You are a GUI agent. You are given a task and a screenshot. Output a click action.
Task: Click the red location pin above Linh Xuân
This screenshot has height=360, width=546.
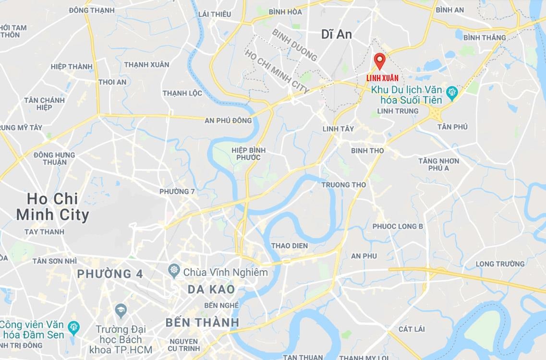[x=380, y=60]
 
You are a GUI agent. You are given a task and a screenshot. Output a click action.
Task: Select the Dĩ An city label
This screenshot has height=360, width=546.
[x=337, y=34]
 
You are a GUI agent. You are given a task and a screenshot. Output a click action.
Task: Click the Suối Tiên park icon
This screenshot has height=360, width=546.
[x=451, y=91]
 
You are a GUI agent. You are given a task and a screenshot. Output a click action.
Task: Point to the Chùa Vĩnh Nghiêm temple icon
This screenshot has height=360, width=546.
[x=173, y=272]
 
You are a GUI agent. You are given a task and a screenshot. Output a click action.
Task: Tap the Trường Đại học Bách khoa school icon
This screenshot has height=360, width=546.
[x=120, y=310]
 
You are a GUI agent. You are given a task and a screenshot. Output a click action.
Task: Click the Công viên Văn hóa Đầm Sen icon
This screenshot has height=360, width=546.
[x=73, y=328]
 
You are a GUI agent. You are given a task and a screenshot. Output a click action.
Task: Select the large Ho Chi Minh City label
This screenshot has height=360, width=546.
[x=52, y=206]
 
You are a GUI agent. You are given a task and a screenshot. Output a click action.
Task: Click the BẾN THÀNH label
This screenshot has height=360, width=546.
[x=202, y=322]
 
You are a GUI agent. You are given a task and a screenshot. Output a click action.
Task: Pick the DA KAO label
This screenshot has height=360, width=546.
[x=211, y=289]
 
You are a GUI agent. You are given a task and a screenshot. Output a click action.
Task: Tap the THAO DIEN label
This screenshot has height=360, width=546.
[x=290, y=246]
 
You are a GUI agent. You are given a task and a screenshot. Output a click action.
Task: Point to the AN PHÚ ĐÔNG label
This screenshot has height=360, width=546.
[x=228, y=120]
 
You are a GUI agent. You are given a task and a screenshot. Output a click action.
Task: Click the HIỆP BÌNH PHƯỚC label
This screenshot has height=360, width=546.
[x=248, y=154]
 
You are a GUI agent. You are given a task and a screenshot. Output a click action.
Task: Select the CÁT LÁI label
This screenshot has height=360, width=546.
[x=412, y=329]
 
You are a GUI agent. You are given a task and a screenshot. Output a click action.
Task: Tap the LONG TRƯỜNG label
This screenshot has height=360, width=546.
[x=500, y=264]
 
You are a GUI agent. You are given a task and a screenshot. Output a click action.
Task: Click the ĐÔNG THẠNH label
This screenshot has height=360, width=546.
[x=92, y=10]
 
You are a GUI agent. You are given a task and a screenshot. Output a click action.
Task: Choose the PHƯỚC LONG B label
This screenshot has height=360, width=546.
[x=398, y=226]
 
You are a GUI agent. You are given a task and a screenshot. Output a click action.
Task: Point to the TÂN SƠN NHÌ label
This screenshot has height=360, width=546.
[x=54, y=261]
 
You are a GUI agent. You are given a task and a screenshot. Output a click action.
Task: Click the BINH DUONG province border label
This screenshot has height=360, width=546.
[x=294, y=45]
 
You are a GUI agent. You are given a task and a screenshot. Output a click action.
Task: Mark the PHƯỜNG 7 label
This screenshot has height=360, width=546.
[x=177, y=192]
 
